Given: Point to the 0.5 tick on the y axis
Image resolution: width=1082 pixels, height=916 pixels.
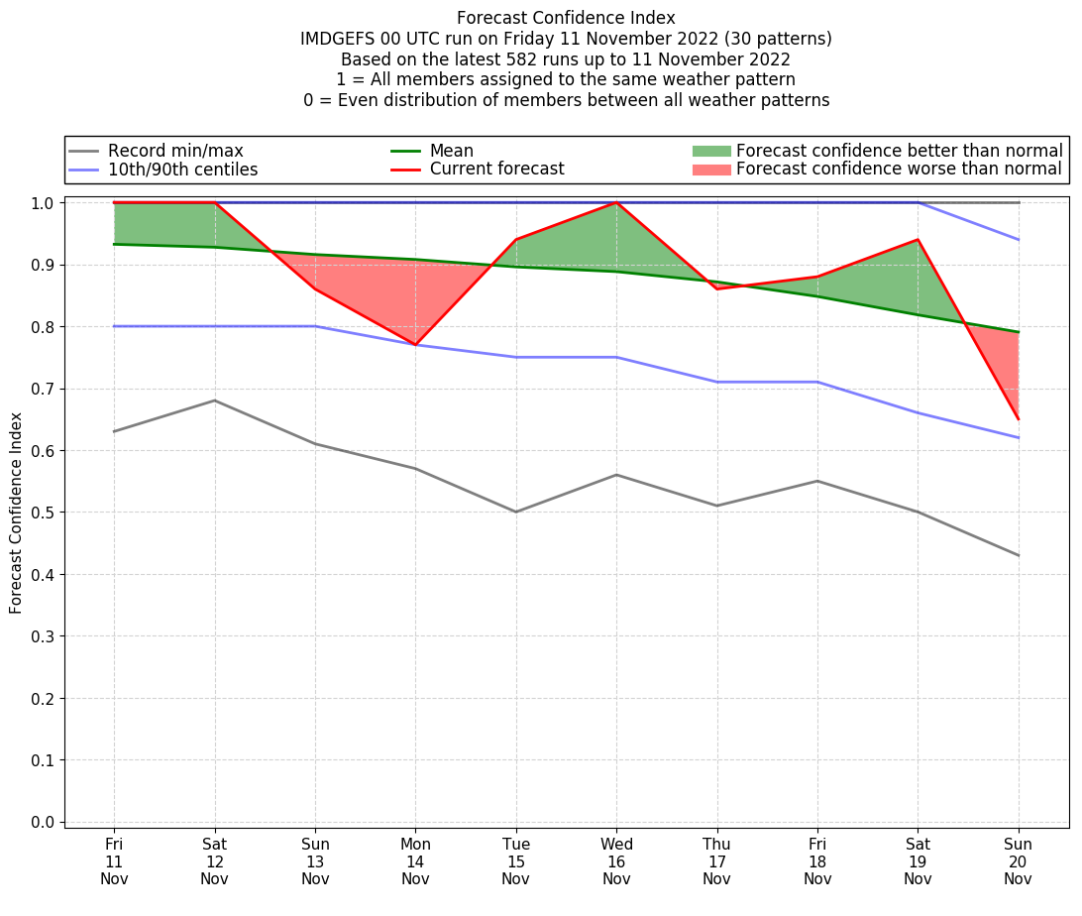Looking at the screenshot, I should pos(44,513).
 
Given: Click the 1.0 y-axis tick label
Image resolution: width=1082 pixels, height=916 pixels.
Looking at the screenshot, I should pos(44,202).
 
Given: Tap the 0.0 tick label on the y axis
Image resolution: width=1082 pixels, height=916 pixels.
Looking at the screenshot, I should pos(44,822).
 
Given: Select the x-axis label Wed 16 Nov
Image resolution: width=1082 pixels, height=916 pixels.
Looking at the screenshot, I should pos(616,861).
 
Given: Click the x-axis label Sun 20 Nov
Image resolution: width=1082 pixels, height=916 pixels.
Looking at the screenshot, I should pos(1018,861).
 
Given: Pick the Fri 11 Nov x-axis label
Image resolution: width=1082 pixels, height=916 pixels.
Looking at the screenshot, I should pos(114,861).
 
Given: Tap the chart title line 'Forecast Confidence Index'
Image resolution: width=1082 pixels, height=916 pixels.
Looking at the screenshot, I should pos(566,18).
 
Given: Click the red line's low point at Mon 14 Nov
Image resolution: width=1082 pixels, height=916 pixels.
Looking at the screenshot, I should pos(415,345).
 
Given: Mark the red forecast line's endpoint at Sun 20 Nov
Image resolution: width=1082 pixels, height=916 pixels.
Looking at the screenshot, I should pos(1018,419).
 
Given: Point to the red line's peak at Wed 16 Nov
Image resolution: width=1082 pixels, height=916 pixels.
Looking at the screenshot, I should pos(616,202).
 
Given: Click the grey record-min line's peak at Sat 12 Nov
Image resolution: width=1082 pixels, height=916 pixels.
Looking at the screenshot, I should pos(215,401).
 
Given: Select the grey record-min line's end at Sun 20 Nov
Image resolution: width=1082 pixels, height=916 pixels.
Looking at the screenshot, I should pos(1018,555).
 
